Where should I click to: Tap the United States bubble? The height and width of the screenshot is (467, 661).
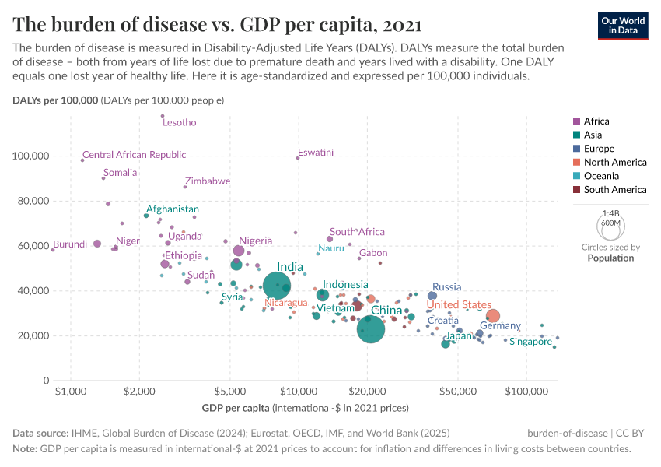pyautogui.click(x=492, y=315)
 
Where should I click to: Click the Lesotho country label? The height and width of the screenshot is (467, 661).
pyautogui.click(x=179, y=123)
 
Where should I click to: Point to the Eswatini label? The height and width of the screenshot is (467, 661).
pyautogui.click(x=316, y=153)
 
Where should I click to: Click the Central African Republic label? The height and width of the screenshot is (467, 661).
pyautogui.click(x=134, y=155)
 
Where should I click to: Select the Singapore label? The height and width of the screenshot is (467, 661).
pyautogui.click(x=530, y=342)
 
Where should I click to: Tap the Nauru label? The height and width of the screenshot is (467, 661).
pyautogui.click(x=330, y=248)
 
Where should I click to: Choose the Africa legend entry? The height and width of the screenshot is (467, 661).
pyautogui.click(x=596, y=121)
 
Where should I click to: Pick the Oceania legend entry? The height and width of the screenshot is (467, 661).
pyautogui.click(x=601, y=176)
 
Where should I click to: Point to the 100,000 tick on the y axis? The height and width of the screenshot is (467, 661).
pyautogui.click(x=31, y=156)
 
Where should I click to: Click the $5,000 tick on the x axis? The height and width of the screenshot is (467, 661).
pyautogui.click(x=229, y=389)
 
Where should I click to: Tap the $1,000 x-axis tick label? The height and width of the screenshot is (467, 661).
pyautogui.click(x=71, y=389)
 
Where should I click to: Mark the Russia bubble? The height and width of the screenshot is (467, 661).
pyautogui.click(x=432, y=296)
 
